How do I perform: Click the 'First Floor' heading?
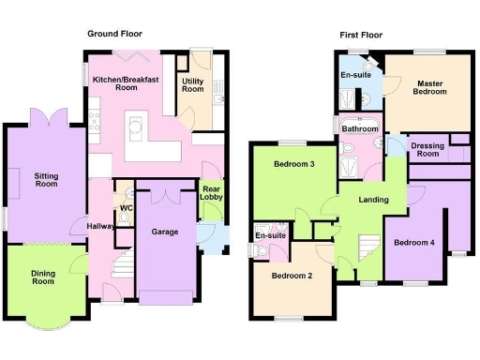point(362,34)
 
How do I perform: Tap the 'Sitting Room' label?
point(46,180)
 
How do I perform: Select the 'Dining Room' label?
point(42,277)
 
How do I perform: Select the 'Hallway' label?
point(100,226)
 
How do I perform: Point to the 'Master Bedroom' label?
point(430,88)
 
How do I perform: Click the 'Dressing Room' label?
point(427,149)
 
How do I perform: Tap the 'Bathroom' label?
point(360,128)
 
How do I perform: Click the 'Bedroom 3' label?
point(293,165)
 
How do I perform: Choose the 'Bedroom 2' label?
point(292,276)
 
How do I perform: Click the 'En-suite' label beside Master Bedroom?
point(353,74)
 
